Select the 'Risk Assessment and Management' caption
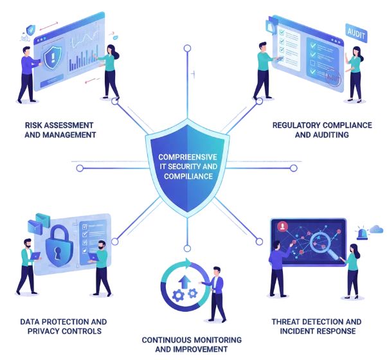59,130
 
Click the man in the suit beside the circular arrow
216,293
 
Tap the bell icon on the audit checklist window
271,27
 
